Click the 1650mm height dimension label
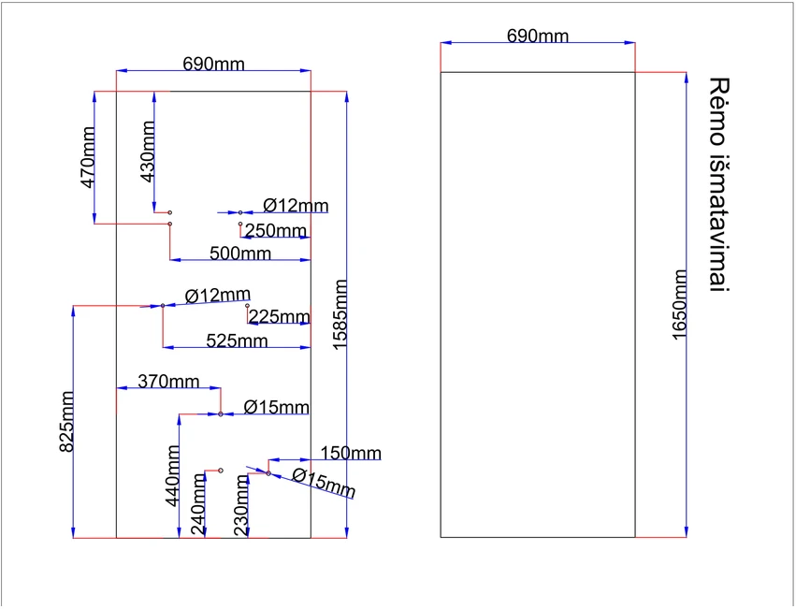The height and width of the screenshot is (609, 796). pos(679,305)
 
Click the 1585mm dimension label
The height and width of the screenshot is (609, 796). pos(340,314)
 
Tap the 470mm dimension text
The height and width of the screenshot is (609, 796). pos(88,157)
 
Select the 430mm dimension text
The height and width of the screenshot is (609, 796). pos(147,152)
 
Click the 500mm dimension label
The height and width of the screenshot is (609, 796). pos(240,253)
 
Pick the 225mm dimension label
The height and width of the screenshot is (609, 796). pos(279,316)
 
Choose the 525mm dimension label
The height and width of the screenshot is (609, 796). pos(237,341)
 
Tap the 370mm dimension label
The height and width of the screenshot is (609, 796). pos(168,381)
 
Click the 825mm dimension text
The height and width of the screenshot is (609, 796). pos(66,421)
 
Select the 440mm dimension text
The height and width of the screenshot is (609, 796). pos(173,476)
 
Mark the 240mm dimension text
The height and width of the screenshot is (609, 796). pos(198,505)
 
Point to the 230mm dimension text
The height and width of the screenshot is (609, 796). pos(241,506)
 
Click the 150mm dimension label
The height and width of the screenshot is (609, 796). pos(350,453)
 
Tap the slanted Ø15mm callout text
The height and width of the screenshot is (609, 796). pos(324,483)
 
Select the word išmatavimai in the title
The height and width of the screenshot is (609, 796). pos(719,223)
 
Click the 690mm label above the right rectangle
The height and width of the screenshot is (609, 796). pos(538,36)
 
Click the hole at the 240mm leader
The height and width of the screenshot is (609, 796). pos(221,471)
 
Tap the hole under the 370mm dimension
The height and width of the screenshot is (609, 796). pos(221,414)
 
